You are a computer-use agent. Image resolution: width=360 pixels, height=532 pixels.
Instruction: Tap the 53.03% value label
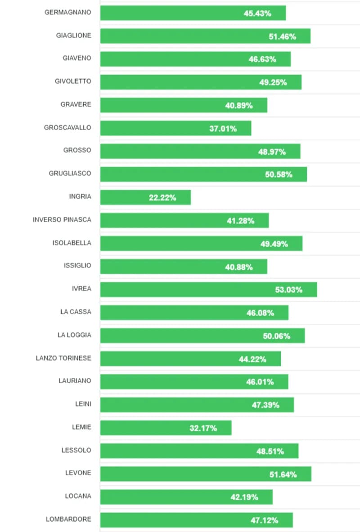[288, 290]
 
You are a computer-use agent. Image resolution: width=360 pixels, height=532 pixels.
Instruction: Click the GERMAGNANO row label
[67, 12]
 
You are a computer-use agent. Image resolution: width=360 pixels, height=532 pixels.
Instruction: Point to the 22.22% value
[162, 197]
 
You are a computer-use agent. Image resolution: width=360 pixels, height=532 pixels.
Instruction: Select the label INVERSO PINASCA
[62, 219]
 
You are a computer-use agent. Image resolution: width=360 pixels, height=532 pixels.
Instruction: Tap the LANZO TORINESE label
[63, 358]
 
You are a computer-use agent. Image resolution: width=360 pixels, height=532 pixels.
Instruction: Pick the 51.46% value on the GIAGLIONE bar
[282, 36]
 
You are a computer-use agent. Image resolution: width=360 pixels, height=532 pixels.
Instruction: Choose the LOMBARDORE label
[68, 519]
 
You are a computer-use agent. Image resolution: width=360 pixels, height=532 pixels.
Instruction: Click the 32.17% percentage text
[203, 428]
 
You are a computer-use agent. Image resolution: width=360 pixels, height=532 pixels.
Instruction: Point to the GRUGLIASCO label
[70, 173]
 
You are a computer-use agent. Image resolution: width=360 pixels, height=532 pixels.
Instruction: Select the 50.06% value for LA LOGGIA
[276, 336]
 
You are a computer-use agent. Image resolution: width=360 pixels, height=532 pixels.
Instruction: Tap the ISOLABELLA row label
[72, 243]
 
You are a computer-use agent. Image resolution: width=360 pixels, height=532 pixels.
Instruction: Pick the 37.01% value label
[223, 129]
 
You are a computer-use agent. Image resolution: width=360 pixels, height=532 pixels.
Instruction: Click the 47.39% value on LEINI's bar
[265, 405]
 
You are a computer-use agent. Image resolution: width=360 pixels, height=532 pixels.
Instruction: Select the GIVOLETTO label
[73, 81]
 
